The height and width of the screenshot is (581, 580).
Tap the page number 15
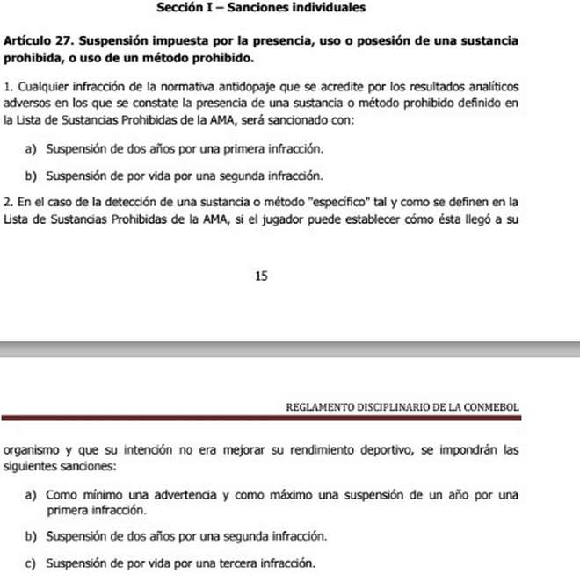click(261, 276)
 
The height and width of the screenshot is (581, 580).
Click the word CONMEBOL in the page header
click(489, 408)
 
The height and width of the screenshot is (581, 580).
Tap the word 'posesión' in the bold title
click(400, 41)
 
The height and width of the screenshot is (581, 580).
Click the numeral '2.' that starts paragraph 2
click(8, 203)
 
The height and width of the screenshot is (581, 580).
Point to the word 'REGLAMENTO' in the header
click(321, 408)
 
